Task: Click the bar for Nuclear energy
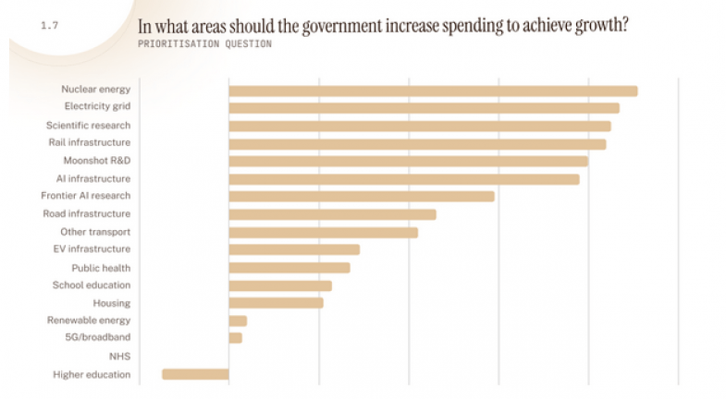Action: [433, 91]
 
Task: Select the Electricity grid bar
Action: [424, 108]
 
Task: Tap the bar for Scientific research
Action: [420, 126]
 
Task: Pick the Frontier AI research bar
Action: [362, 197]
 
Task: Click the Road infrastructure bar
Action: [332, 214]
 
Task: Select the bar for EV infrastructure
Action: [294, 249]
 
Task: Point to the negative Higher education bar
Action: [195, 374]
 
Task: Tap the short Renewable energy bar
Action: [238, 320]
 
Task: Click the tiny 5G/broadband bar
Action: [235, 338]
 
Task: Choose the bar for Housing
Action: [276, 303]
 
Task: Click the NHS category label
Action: [119, 356]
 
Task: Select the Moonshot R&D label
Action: [96, 161]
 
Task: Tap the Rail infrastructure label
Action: [89, 143]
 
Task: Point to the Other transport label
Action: [95, 232]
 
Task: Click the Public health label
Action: [101, 268]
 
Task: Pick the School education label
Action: [92, 285]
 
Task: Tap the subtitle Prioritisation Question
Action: [204, 43]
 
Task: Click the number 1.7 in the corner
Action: [49, 26]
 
